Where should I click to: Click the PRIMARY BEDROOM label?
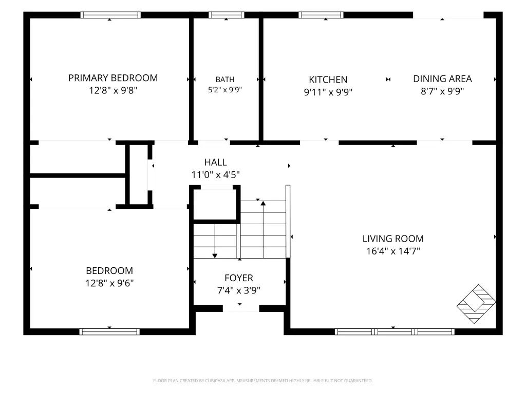113,78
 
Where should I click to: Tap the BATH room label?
225,80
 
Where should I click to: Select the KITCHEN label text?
328,80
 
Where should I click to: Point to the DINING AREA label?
442,78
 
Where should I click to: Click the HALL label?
216,162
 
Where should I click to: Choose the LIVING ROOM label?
393,239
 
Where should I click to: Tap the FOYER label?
239,278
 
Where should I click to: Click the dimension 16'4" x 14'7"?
393,251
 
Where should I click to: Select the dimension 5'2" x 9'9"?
225,90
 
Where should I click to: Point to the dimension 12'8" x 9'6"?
110,283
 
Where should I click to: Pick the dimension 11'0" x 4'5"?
216,174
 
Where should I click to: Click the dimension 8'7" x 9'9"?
442,91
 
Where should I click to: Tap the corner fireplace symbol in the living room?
476,304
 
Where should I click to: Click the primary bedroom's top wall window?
110,15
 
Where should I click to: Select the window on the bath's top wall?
227,15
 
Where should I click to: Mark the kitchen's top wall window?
321,15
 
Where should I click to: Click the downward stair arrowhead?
215,255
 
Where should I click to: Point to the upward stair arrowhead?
264,203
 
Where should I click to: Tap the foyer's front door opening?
241,308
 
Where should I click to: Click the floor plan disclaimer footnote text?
262,381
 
